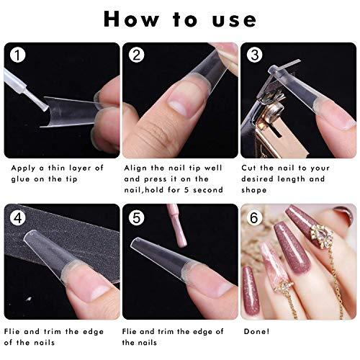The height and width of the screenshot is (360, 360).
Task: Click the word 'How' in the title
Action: click(x=133, y=19)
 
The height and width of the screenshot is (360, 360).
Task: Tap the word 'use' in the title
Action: click(x=234, y=20)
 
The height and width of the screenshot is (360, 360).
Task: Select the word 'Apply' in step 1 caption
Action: click(x=26, y=168)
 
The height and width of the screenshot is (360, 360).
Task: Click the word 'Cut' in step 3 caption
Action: click(x=256, y=168)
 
